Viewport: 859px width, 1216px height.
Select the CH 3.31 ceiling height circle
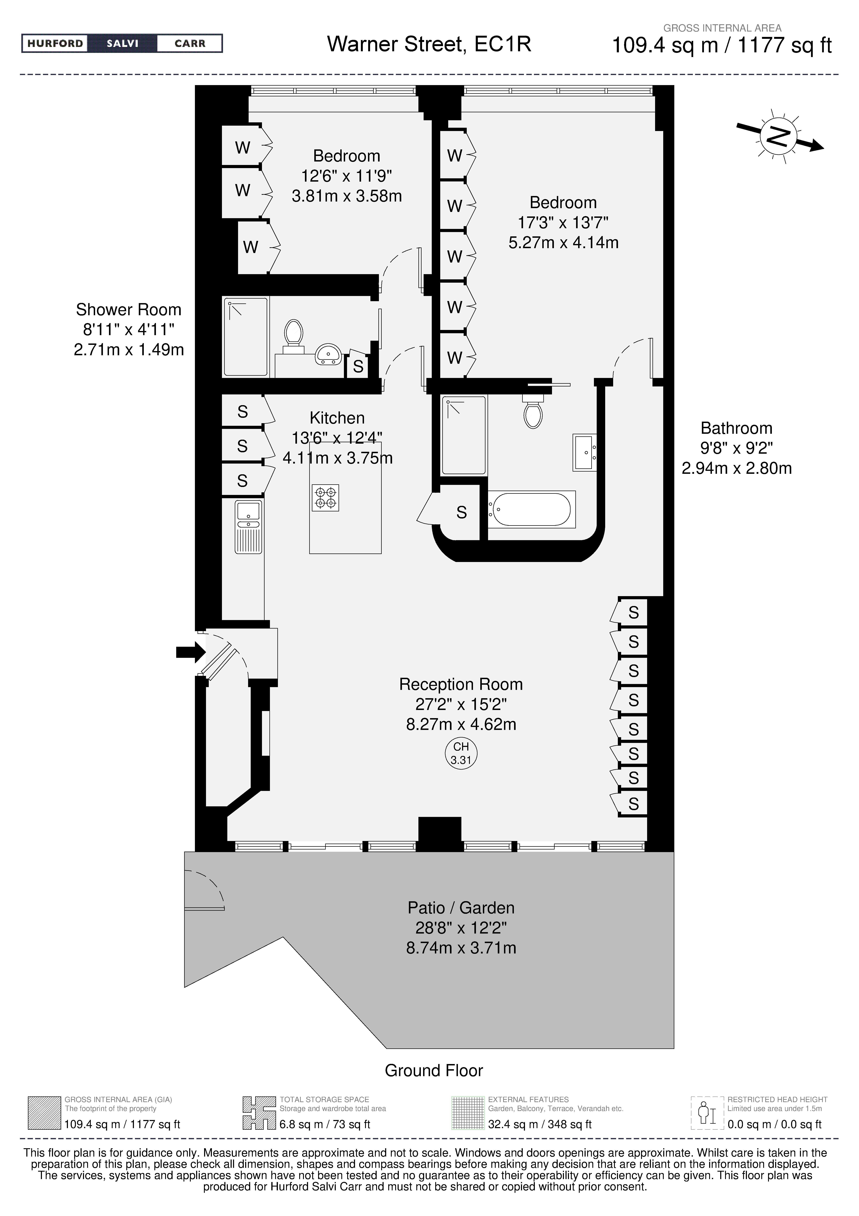[461, 753]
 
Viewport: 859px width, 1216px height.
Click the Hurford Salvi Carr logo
[122, 43]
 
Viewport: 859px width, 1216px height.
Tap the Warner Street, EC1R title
[429, 44]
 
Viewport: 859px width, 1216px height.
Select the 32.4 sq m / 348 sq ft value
[540, 1124]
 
